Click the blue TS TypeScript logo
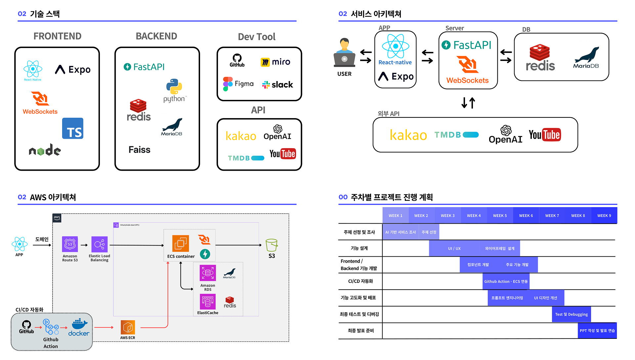pos(73,128)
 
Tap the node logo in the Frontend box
pos(45,150)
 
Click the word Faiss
pos(139,150)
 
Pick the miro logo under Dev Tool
pos(275,62)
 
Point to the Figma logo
pos(238,84)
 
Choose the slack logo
pos(277,85)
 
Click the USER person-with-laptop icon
pos(344,53)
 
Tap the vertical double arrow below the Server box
pos(468,103)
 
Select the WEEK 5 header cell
pos(500,215)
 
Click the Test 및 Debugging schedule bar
pos(571,314)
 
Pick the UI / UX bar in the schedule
pos(454,248)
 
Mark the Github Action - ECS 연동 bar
pos(506,281)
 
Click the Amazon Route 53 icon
pos(70,244)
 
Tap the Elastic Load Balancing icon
pos(100,245)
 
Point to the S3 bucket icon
pos(272,245)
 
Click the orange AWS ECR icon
pos(128,327)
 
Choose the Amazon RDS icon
pos(208,273)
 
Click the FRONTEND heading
pos(57,36)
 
